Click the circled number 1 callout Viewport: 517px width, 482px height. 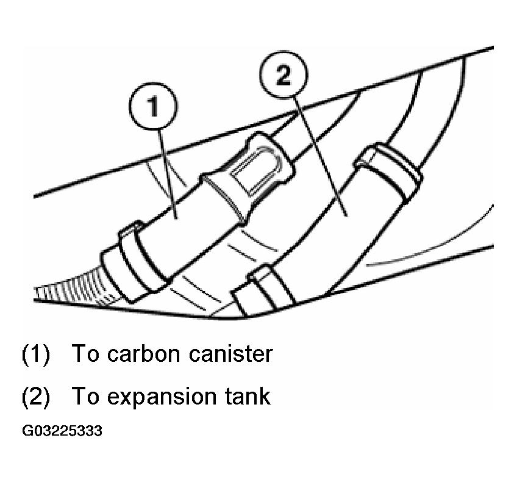(x=153, y=106)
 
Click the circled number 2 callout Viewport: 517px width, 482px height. (x=283, y=74)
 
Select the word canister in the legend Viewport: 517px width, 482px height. (x=230, y=354)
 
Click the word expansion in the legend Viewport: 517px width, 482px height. (x=161, y=397)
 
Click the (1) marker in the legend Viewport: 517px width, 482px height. (x=36, y=354)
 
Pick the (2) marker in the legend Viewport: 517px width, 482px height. (x=36, y=397)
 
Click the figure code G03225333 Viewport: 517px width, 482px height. (x=62, y=431)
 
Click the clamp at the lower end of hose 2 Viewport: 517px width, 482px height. (x=264, y=287)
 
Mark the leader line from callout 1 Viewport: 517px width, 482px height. (x=168, y=174)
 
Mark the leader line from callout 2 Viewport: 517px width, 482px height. (x=320, y=157)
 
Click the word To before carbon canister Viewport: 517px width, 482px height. (x=85, y=353)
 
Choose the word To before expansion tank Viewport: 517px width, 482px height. (x=85, y=396)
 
